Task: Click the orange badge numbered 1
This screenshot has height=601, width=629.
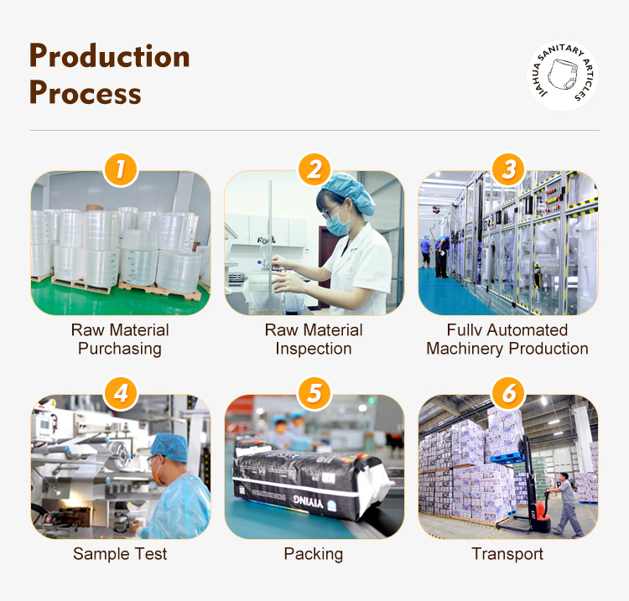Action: point(120,169)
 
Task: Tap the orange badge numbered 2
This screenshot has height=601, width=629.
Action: point(314,169)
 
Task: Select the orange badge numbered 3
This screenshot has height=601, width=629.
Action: point(508,169)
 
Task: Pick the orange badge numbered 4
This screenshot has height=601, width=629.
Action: point(120,393)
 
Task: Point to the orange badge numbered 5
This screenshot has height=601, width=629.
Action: point(314,393)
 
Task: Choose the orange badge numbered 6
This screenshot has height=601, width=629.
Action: point(508,393)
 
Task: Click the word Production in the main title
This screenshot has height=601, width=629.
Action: point(110,56)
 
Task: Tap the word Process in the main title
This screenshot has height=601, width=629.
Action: point(85,92)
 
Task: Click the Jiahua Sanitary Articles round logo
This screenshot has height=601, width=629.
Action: point(563,75)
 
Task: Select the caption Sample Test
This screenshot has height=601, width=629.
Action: point(120,554)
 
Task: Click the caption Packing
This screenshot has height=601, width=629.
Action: point(314,555)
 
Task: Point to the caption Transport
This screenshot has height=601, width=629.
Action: point(507,555)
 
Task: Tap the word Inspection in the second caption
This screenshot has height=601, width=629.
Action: point(314,349)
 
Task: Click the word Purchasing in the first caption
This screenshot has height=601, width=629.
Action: point(120,349)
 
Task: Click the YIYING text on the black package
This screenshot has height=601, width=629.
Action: point(308,500)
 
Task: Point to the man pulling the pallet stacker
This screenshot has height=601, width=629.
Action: point(566,504)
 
